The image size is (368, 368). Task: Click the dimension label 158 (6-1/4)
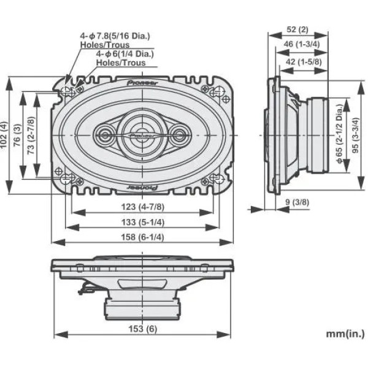pos(143,237)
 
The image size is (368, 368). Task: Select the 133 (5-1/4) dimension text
pos(143,221)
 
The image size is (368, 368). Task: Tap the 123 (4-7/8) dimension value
pos(142,207)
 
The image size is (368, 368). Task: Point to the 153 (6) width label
pos(143,329)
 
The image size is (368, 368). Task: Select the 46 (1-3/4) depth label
pos(303,45)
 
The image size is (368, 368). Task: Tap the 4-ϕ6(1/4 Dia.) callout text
pos(125,53)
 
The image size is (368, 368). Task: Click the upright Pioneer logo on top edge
pos(142,82)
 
